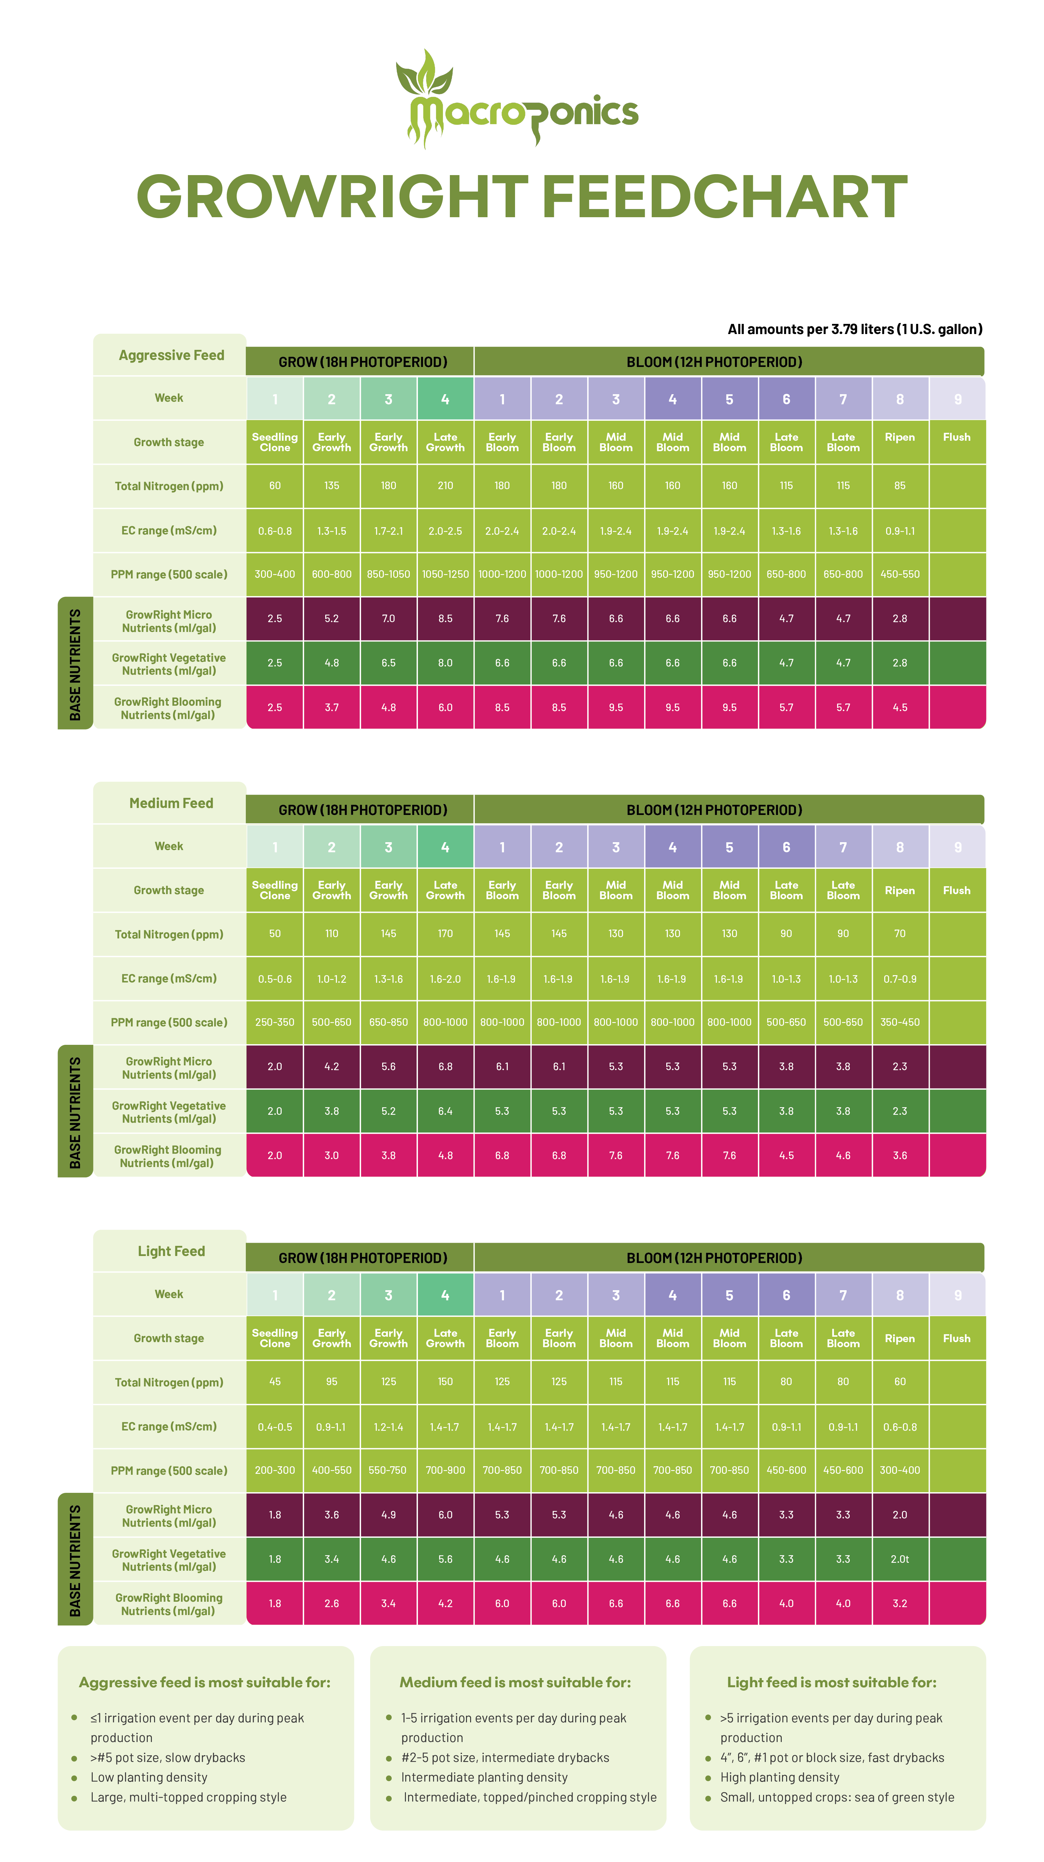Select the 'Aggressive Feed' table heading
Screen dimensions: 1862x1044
pyautogui.click(x=171, y=355)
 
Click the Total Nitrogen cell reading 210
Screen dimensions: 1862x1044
pyautogui.click(x=445, y=486)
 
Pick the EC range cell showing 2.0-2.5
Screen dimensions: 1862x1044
pyautogui.click(x=445, y=531)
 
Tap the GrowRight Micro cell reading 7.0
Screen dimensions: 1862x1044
pyautogui.click(x=389, y=619)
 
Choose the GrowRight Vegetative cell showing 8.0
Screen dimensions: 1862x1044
pyautogui.click(x=445, y=663)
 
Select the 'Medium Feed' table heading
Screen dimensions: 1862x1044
pyautogui.click(x=171, y=803)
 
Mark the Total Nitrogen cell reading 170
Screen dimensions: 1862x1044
pyautogui.click(x=445, y=934)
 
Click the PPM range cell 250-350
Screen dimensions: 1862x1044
pyautogui.click(x=275, y=1022)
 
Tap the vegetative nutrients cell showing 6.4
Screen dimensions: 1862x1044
pyautogui.click(x=445, y=1111)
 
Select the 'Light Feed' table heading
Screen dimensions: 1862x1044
pyautogui.click(x=171, y=1251)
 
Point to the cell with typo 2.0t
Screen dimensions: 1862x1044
pyautogui.click(x=899, y=1559)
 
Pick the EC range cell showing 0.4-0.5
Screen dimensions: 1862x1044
pyautogui.click(x=275, y=1427)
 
